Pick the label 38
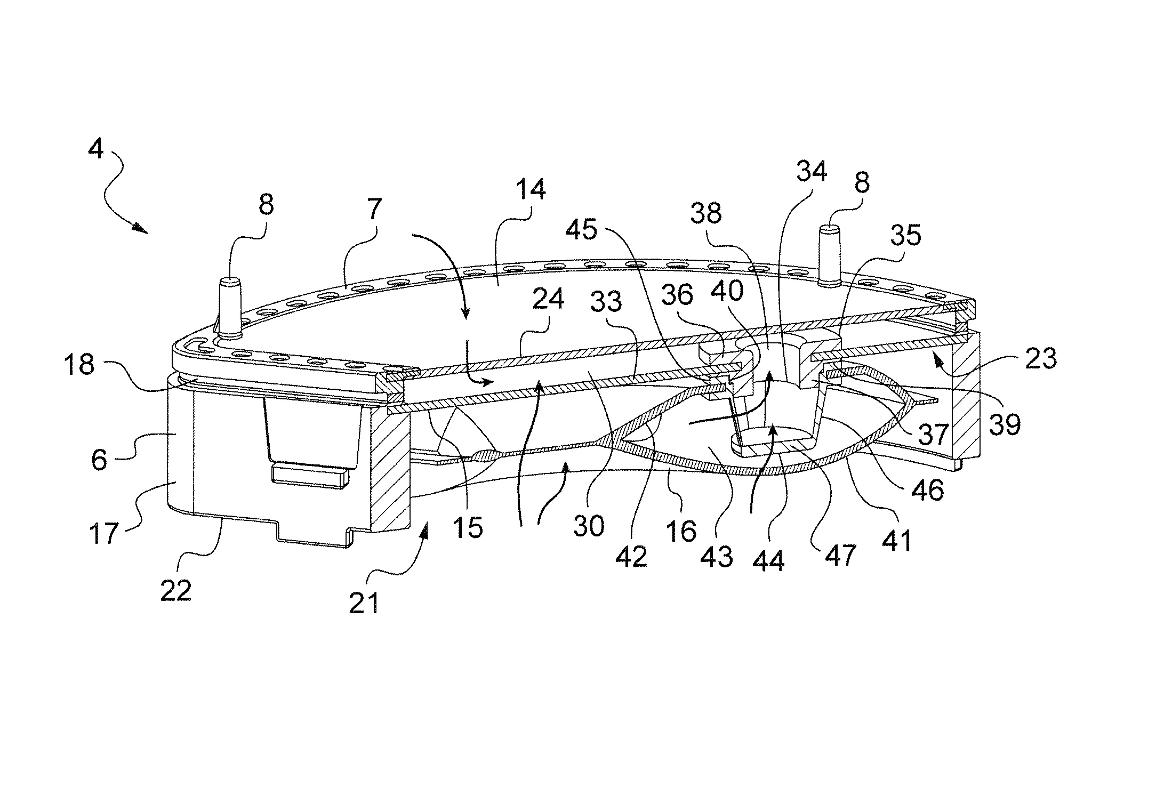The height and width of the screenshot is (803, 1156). [x=706, y=213]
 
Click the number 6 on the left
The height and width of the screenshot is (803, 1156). [x=99, y=459]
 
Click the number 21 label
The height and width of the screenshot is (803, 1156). [x=364, y=603]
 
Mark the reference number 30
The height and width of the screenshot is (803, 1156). [x=589, y=526]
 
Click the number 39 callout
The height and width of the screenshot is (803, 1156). [x=1005, y=424]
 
